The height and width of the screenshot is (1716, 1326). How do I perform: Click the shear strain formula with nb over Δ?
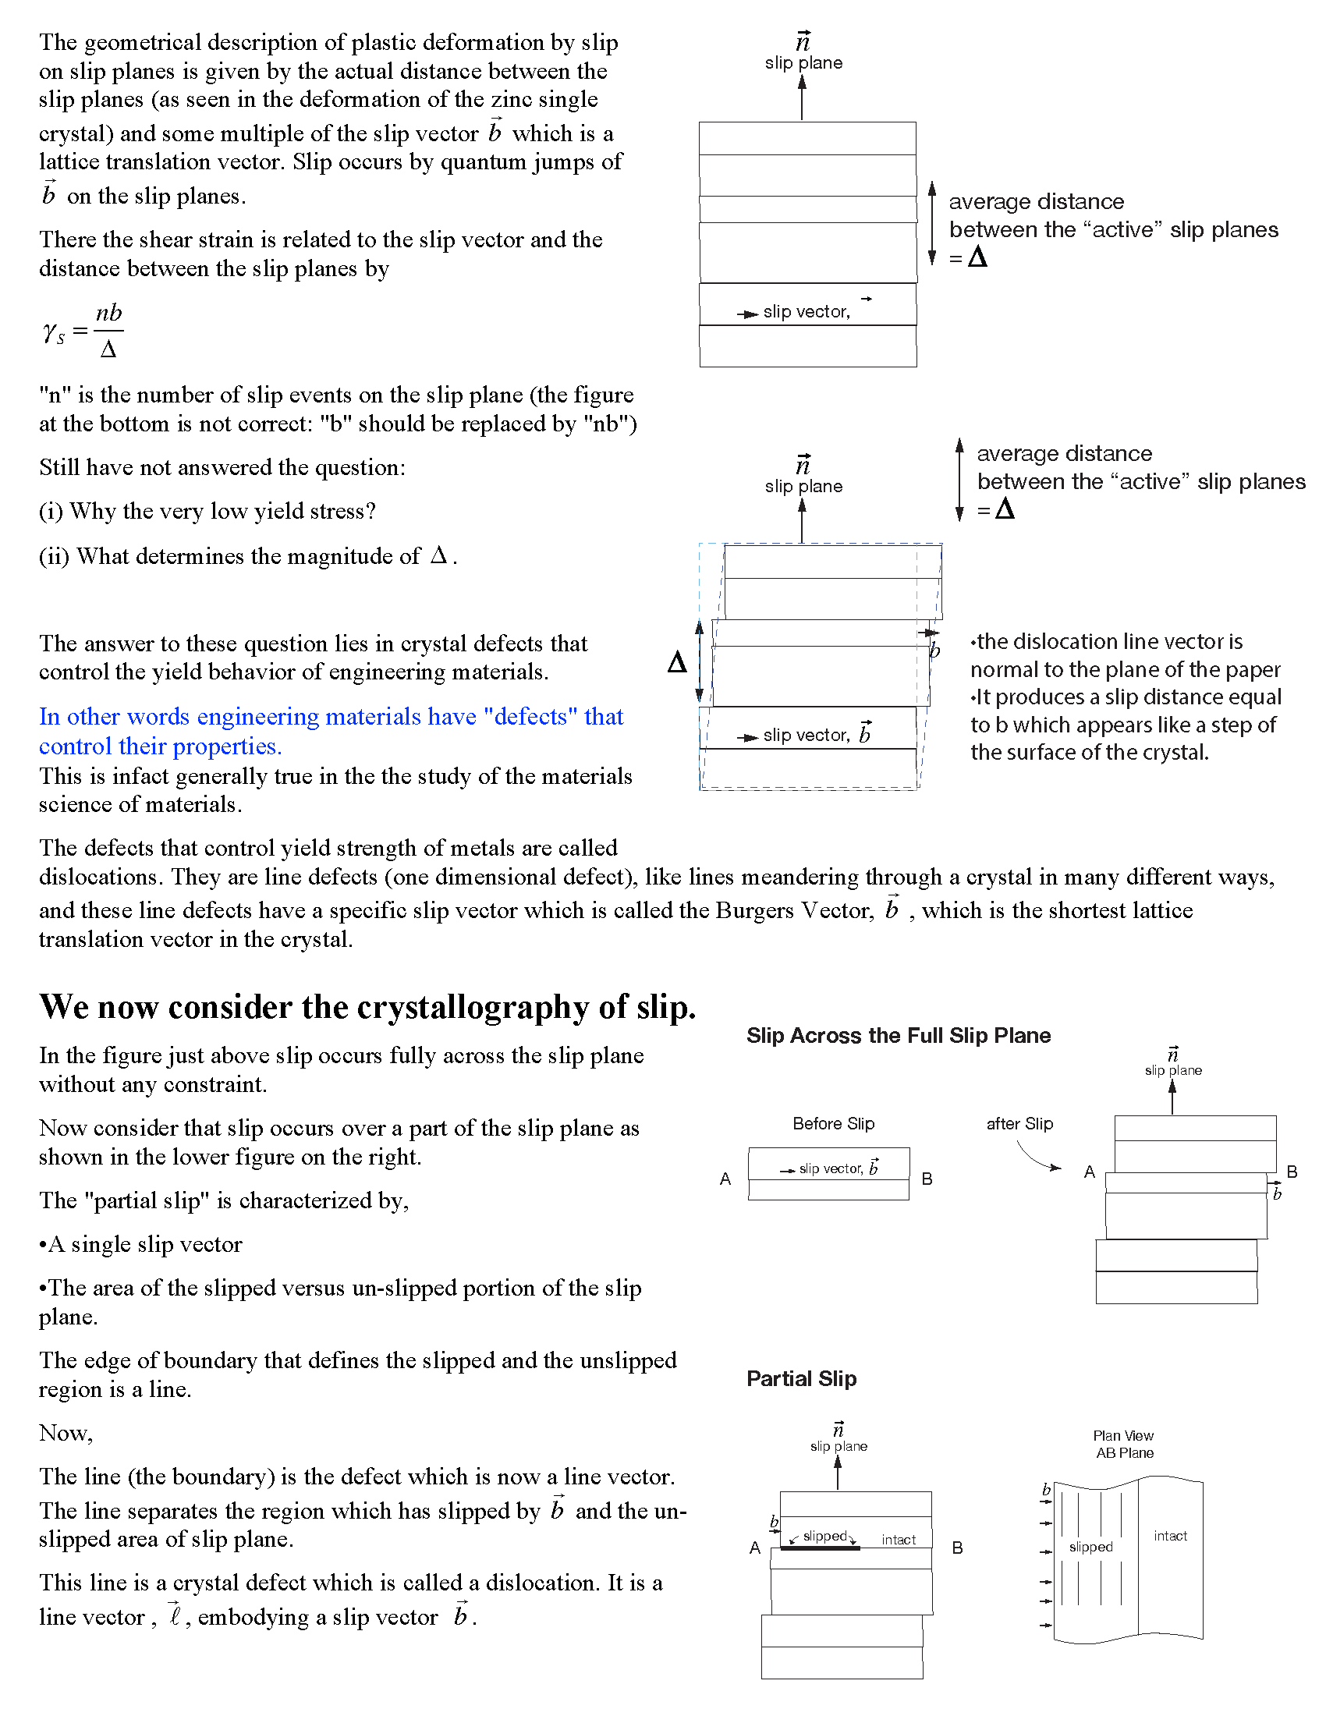(x=84, y=331)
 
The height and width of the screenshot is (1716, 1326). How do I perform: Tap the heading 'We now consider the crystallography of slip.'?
(x=367, y=1007)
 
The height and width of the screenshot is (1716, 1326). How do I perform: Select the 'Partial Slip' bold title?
(x=801, y=1378)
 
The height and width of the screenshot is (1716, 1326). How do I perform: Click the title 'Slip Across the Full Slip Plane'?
(x=898, y=1036)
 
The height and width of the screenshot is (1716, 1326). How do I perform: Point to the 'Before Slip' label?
(x=833, y=1123)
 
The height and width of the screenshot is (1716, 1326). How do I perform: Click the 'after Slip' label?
(x=1019, y=1123)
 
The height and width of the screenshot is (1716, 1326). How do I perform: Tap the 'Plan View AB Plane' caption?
(x=1124, y=1444)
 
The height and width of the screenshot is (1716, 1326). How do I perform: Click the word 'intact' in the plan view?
(x=1170, y=1535)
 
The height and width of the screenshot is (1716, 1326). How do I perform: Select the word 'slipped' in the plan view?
(x=1090, y=1546)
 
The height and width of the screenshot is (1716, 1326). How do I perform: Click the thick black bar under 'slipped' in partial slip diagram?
(x=820, y=1547)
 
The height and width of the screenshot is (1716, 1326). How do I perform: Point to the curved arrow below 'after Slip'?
(x=1037, y=1157)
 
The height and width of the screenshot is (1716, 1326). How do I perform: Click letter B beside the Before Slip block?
(x=927, y=1179)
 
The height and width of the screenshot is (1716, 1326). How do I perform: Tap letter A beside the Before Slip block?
(x=725, y=1179)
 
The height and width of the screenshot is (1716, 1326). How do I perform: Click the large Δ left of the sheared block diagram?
(x=676, y=662)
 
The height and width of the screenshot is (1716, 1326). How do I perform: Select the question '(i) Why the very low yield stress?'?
(x=207, y=511)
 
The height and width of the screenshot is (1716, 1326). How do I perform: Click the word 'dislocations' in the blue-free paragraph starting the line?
(x=101, y=877)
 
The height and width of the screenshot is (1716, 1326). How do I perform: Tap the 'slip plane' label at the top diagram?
(x=803, y=63)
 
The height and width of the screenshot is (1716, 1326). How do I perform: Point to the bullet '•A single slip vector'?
(x=140, y=1244)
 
